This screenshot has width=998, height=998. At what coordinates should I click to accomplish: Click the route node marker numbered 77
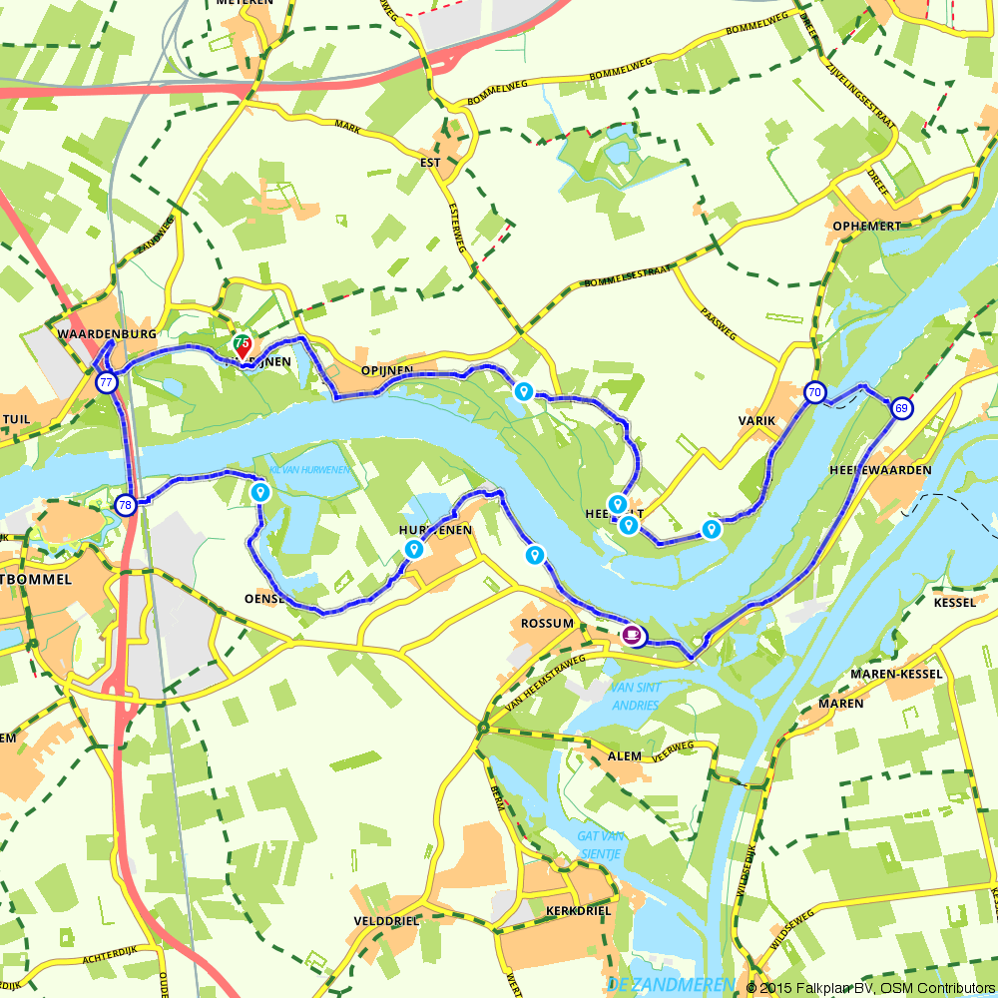click(x=106, y=382)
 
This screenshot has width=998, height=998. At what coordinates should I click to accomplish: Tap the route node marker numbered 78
click(x=125, y=505)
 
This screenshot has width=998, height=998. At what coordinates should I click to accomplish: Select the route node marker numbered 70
click(x=815, y=392)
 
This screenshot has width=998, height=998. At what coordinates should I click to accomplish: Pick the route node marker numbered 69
click(x=901, y=408)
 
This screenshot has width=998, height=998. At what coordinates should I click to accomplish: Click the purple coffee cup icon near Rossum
click(x=632, y=634)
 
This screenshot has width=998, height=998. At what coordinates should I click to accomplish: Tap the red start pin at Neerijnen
click(x=242, y=350)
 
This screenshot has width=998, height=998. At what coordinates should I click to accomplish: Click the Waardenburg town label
click(x=108, y=332)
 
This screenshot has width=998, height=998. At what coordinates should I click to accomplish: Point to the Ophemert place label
click(x=866, y=227)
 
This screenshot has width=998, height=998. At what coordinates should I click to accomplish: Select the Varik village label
click(x=756, y=421)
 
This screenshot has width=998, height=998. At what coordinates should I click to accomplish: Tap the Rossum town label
click(x=548, y=624)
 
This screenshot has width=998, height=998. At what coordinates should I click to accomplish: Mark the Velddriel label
click(x=387, y=921)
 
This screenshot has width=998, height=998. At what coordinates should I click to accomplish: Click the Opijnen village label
click(x=387, y=370)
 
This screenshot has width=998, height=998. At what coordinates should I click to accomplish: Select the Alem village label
click(x=625, y=756)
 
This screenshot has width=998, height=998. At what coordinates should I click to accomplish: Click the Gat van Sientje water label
click(x=599, y=845)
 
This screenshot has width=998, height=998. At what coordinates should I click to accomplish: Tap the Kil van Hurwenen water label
click(x=311, y=469)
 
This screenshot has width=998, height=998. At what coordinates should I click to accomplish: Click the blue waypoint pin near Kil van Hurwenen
click(x=260, y=492)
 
